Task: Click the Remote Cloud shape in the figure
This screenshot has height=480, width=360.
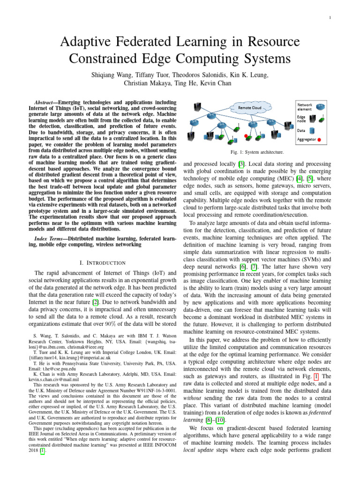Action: (x=250, y=107)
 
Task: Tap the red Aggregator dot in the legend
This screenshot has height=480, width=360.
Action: (x=319, y=139)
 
